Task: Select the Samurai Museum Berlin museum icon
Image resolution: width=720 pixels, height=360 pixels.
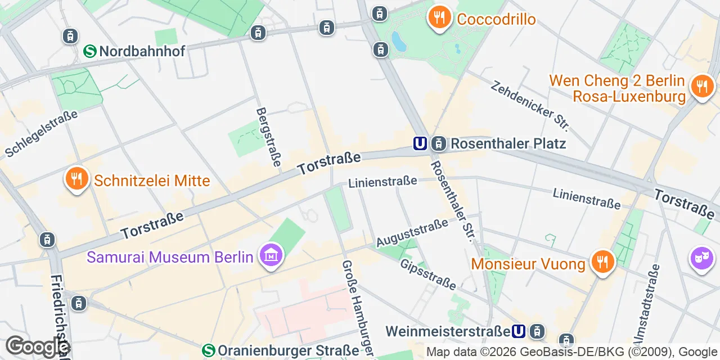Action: coord(271,256)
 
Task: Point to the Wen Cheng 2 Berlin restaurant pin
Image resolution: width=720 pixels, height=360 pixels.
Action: coord(701,86)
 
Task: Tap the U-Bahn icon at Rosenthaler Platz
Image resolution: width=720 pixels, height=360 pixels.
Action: coord(420,143)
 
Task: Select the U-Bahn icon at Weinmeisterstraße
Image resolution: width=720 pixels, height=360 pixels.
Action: coord(519,331)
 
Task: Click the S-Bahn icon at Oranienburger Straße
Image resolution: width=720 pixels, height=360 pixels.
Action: coord(209,350)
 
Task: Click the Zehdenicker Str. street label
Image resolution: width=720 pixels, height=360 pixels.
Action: coord(530,105)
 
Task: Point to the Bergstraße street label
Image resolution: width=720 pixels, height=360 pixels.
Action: coord(269,137)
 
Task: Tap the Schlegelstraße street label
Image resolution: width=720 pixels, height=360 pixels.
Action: coord(41,133)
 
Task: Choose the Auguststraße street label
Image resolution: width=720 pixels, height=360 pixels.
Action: coord(412,232)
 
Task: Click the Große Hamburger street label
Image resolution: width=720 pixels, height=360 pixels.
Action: coord(358,308)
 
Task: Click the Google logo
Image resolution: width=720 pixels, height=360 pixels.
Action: coord(37,346)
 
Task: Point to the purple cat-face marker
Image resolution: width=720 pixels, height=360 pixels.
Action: coord(701,259)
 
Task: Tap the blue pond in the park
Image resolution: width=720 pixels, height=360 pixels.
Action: coord(397,40)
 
